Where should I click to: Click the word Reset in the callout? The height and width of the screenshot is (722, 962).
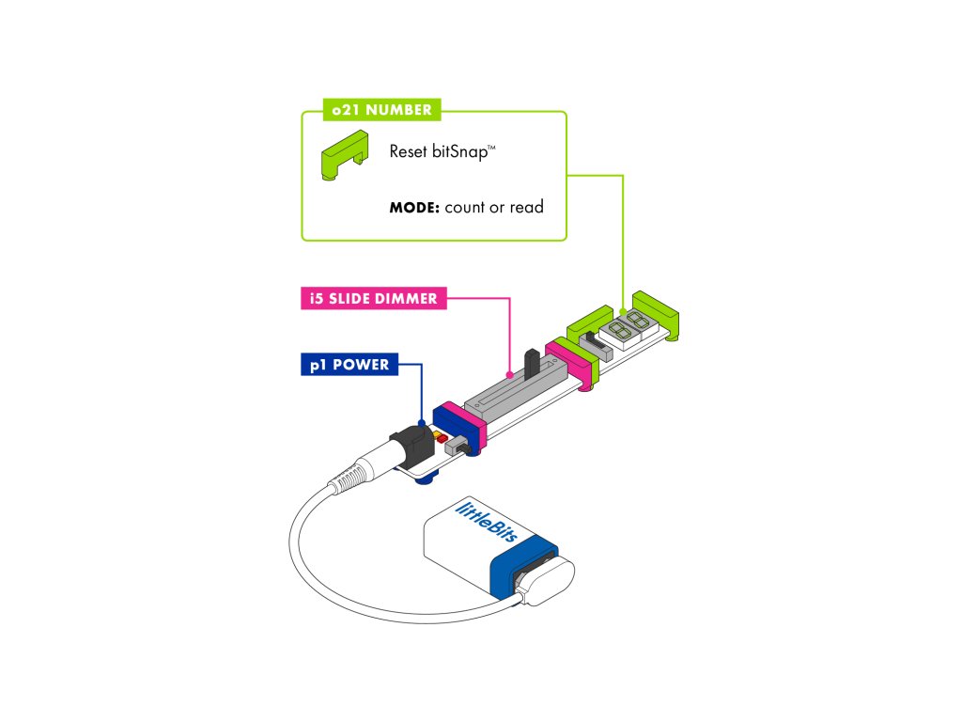click(409, 150)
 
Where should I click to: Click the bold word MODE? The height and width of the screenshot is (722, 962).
click(414, 207)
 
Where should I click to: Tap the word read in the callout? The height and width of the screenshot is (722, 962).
click(526, 207)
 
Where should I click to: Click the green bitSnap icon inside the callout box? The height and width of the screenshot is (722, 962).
click(344, 156)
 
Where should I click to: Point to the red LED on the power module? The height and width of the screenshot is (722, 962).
click(442, 438)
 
